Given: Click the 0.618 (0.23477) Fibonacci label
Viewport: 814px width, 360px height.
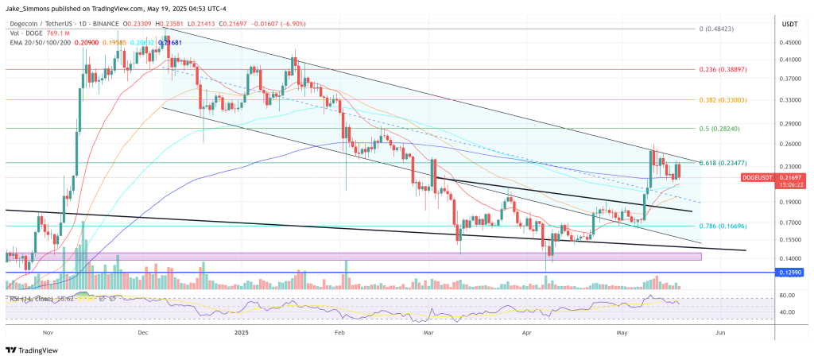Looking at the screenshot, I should click(x=723, y=163).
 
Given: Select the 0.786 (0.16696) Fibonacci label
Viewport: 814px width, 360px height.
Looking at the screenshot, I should click(x=723, y=226).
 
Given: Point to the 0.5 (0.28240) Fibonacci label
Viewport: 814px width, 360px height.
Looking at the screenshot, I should click(x=723, y=128).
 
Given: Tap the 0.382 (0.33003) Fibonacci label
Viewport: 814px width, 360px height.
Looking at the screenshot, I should click(x=723, y=100).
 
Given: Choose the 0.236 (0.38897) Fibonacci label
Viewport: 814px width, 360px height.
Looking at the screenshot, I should click(x=723, y=70).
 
